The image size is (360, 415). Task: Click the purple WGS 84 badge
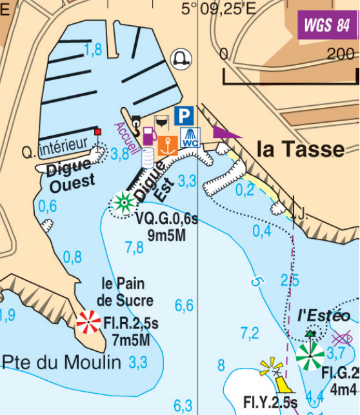(326, 25)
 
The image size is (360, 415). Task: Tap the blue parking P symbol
(185, 116)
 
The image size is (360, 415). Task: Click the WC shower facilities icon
(190, 137)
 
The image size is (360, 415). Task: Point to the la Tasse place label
(301, 150)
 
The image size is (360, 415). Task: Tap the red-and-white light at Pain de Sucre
(88, 322)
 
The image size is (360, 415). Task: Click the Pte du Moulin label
(61, 363)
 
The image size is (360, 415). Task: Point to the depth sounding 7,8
(134, 247)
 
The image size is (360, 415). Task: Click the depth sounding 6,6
(184, 305)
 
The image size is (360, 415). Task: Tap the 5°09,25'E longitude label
(219, 8)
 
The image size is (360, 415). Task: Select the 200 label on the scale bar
(340, 54)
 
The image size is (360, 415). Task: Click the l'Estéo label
(324, 316)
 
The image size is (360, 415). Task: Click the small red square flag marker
(98, 132)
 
